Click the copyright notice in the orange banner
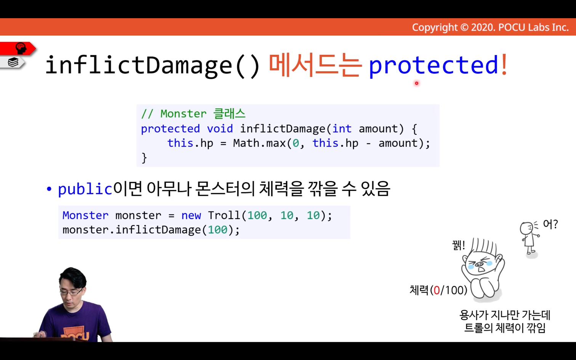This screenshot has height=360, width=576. (x=490, y=27)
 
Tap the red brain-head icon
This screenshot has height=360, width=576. (x=21, y=48)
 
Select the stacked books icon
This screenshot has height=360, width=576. (x=13, y=62)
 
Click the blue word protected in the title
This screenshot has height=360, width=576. (x=434, y=65)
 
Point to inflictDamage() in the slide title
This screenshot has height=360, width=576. (x=152, y=65)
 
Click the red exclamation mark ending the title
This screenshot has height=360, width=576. (x=504, y=64)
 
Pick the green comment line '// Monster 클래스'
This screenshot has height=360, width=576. (x=193, y=114)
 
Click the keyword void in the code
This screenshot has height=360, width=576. (x=220, y=129)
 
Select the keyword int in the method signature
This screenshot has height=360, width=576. (x=342, y=129)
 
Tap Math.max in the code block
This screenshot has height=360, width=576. (x=259, y=143)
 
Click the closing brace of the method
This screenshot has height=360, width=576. (x=144, y=158)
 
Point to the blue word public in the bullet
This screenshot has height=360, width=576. (x=85, y=189)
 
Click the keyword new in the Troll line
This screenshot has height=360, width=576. (x=191, y=216)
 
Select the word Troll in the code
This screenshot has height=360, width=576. (x=224, y=215)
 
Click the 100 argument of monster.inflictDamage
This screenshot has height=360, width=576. (x=218, y=230)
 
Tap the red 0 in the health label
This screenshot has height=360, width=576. (x=437, y=290)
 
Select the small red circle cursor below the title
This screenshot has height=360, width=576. (x=417, y=83)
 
